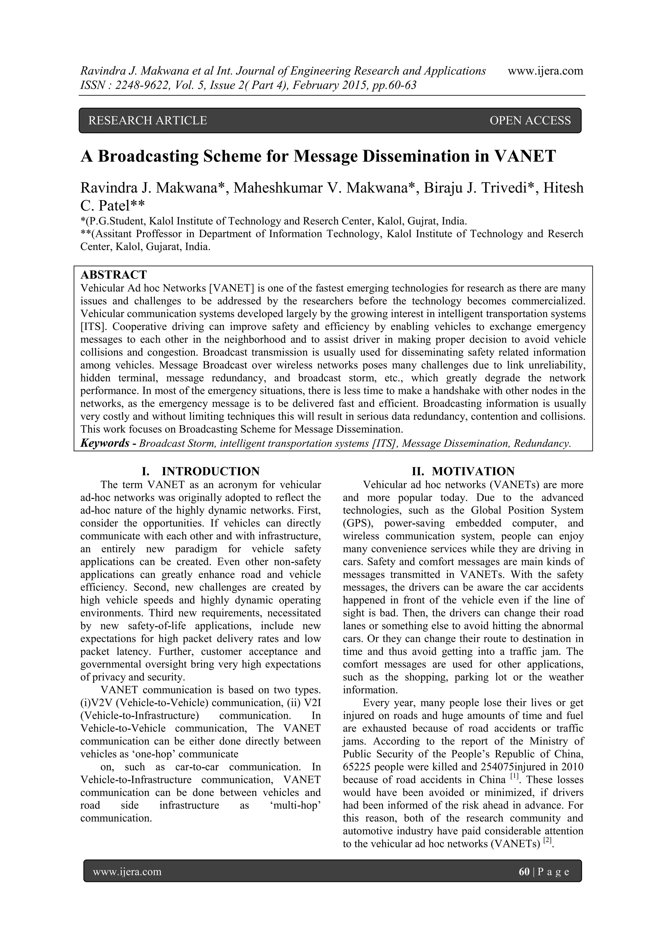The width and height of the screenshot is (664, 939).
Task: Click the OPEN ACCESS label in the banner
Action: point(529,120)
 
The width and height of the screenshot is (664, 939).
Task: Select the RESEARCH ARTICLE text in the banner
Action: point(148,120)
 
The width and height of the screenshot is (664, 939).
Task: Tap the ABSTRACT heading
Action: point(113,275)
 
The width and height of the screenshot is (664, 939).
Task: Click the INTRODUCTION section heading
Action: point(211,471)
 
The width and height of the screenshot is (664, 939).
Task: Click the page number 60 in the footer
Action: point(524,872)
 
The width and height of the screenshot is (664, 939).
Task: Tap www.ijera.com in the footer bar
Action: point(127,872)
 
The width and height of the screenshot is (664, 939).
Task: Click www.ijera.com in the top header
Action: point(545,71)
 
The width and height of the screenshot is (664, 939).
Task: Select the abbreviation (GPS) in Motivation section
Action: point(355,523)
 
